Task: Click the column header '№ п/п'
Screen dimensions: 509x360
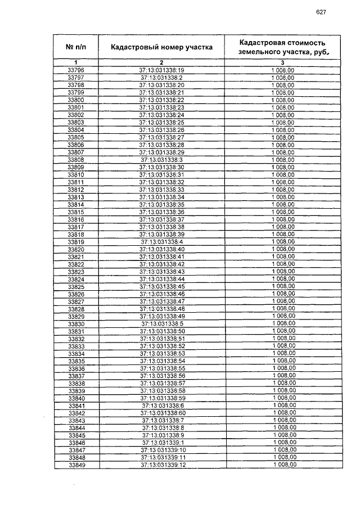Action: point(75,47)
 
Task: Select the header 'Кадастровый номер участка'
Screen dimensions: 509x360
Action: point(161,47)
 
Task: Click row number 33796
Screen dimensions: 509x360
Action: point(75,70)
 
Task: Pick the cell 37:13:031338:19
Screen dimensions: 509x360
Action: point(161,70)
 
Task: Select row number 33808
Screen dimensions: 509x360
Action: point(75,160)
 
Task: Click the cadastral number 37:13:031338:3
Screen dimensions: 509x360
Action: point(161,160)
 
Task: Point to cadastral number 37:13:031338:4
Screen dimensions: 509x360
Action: point(162,242)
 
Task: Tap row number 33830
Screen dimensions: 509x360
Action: point(76,324)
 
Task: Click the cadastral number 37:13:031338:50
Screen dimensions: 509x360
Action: point(162,331)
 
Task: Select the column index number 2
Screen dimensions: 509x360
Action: point(161,62)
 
